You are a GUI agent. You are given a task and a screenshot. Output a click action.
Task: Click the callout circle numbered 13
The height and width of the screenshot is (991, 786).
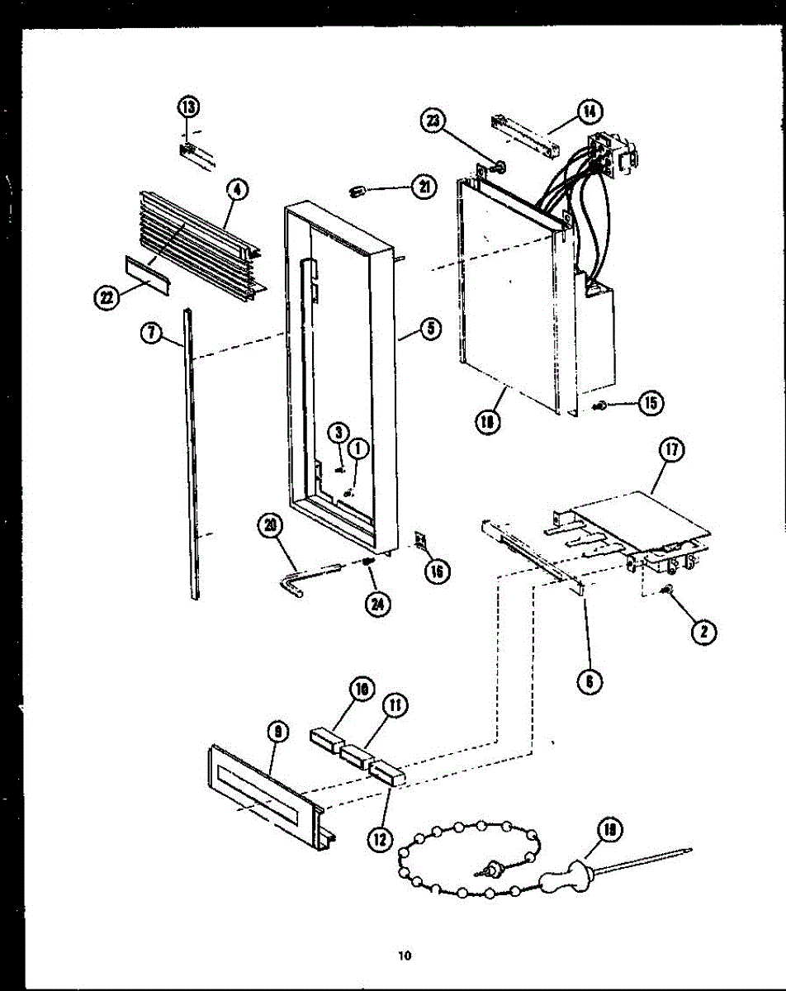point(189,107)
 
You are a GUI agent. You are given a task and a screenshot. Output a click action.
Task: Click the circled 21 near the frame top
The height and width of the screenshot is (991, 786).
point(423,188)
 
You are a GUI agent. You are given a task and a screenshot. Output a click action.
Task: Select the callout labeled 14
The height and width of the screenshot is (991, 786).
point(589,111)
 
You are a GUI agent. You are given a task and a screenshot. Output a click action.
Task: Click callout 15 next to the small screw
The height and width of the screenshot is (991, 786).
point(651,403)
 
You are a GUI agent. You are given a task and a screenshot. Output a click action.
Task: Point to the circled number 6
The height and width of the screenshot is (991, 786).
point(589,680)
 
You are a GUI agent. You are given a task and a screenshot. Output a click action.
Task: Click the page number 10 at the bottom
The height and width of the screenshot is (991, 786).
point(403,957)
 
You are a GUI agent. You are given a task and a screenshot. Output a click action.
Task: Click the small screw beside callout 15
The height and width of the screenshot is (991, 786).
point(603,405)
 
